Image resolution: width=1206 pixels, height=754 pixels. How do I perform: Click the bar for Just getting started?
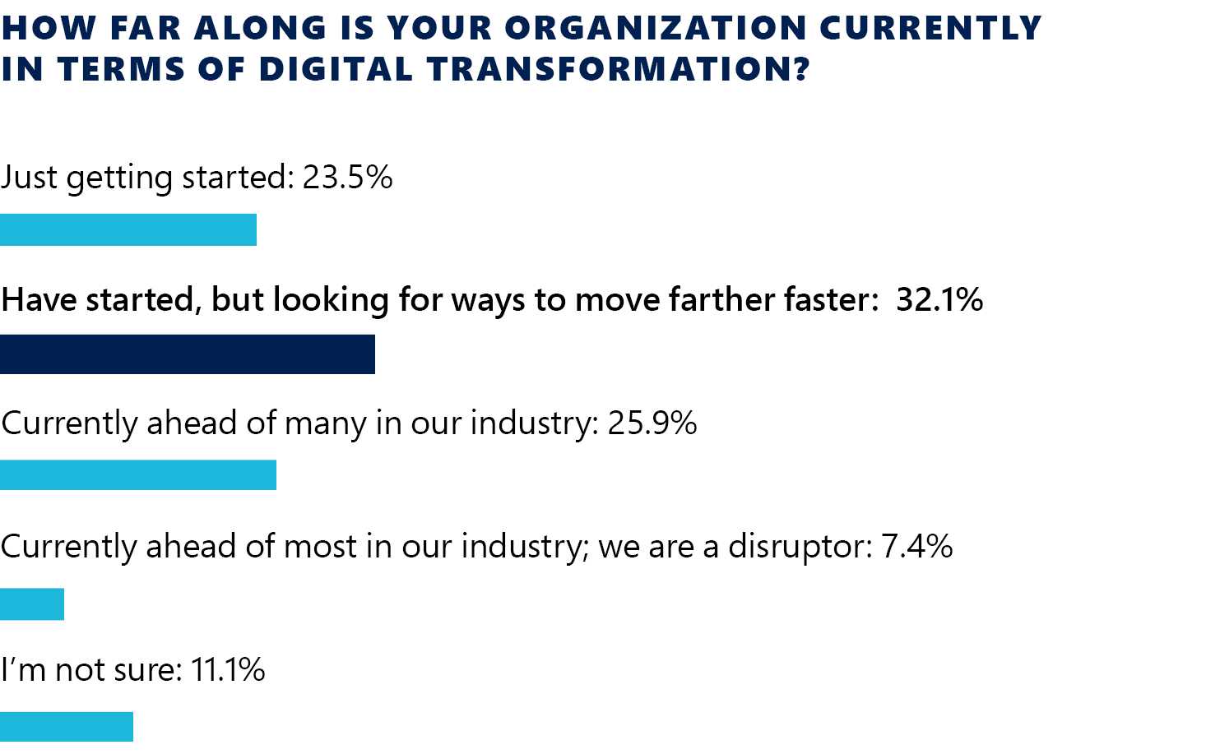click(x=128, y=229)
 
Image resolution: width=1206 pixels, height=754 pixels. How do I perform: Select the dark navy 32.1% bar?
click(x=188, y=354)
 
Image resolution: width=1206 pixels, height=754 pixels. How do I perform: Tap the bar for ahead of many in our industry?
click(x=138, y=475)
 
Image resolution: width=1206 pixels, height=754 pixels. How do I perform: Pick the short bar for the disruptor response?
click(x=32, y=604)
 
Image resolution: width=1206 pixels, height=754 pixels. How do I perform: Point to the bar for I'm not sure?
click(x=67, y=727)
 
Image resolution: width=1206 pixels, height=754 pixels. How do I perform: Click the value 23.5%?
click(x=347, y=178)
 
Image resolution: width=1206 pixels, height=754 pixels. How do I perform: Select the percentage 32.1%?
click(x=939, y=300)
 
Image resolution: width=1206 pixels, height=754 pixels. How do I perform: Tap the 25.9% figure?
click(x=652, y=423)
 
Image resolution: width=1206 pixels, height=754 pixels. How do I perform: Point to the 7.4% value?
click(x=917, y=546)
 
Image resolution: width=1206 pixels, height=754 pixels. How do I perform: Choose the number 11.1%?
click(x=228, y=670)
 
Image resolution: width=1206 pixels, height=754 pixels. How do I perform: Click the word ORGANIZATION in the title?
click(x=656, y=29)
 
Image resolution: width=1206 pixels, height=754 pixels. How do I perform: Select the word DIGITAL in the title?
click(x=336, y=70)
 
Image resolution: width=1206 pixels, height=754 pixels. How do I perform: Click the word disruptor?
click(x=800, y=547)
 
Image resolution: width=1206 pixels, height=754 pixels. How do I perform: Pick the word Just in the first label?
click(x=30, y=178)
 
